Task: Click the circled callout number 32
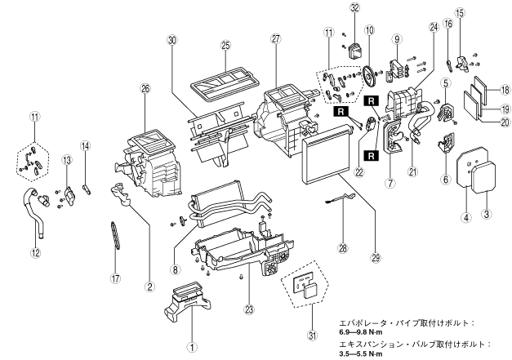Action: [354, 8]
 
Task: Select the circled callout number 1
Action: [193, 348]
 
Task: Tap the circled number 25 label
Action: [225, 46]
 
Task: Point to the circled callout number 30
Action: [171, 41]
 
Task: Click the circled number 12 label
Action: [36, 252]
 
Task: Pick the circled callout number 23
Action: [249, 309]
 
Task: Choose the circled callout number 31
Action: [313, 336]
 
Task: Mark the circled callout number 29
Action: [376, 258]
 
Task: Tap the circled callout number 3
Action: [487, 214]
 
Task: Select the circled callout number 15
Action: [460, 13]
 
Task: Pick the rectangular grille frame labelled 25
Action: [225, 83]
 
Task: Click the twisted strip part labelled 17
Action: [114, 236]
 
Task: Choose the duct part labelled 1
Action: [187, 299]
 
